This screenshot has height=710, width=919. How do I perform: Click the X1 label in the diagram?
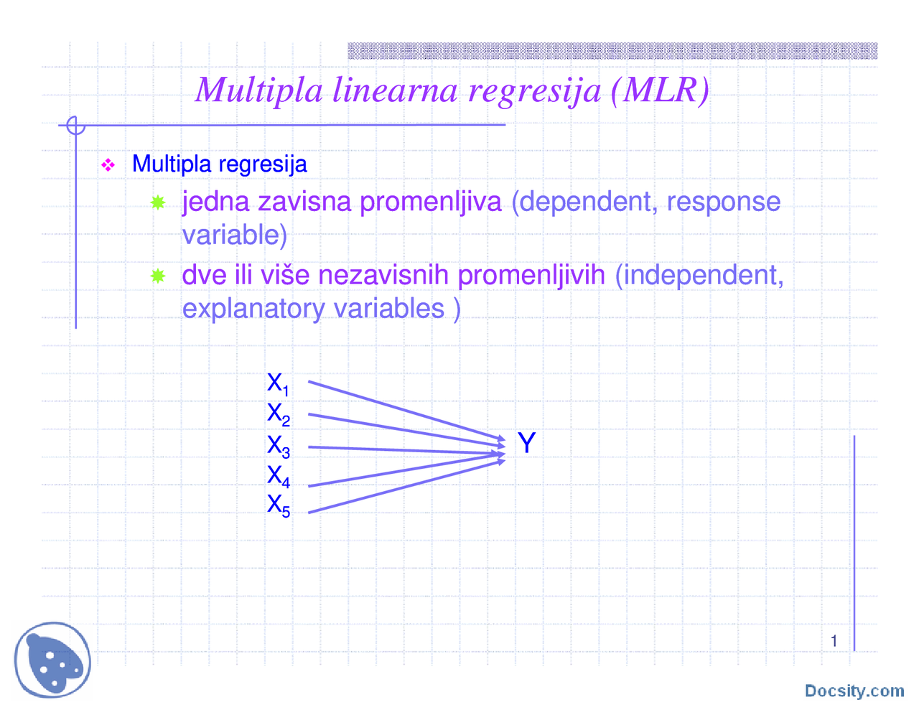coord(278,384)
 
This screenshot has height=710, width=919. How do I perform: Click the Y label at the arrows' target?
coord(526,443)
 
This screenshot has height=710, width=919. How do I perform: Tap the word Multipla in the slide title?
coord(259,90)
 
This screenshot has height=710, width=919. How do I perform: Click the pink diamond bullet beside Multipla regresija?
coord(108,166)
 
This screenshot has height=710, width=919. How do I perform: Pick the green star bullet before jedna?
coord(158,202)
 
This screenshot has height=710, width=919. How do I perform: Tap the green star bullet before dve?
coord(158,276)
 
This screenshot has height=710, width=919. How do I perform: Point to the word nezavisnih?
coord(384,275)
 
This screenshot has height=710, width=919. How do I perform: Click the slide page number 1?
coord(834,641)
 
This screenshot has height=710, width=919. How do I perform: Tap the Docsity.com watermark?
coord(854,691)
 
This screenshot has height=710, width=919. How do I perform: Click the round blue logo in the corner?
coord(53,659)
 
